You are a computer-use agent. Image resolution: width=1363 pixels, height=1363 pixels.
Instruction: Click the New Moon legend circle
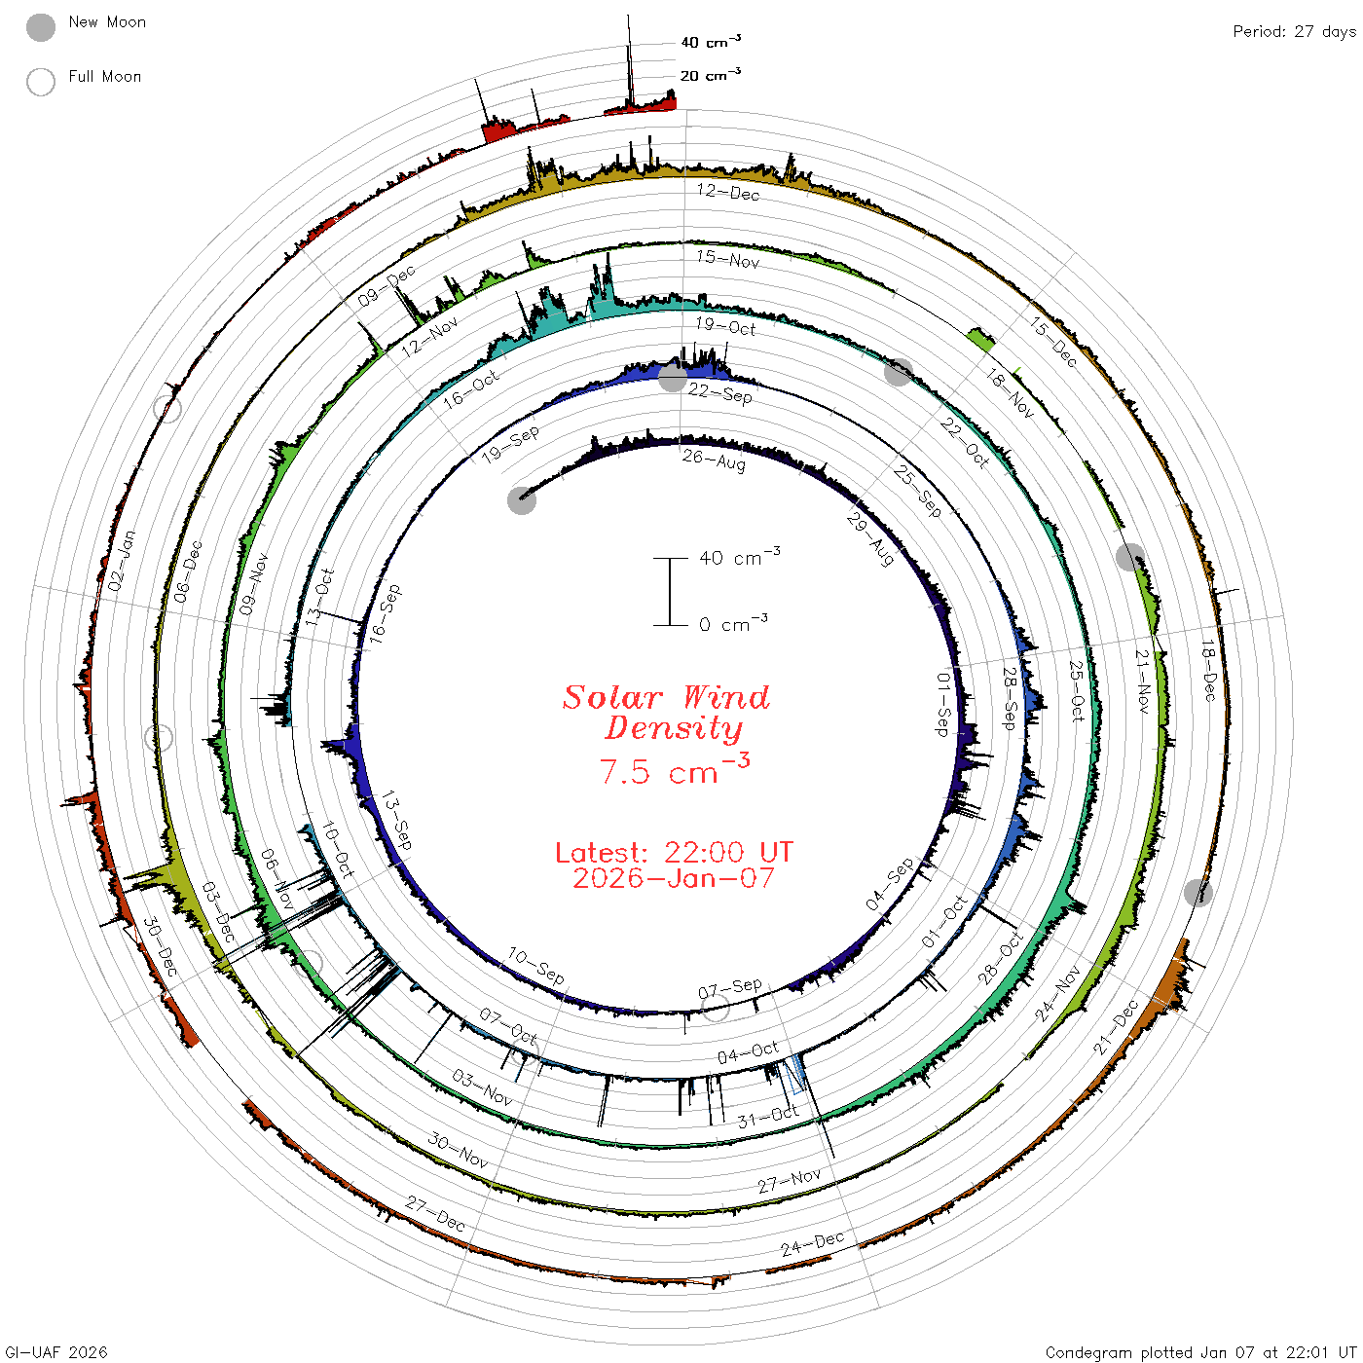tap(41, 27)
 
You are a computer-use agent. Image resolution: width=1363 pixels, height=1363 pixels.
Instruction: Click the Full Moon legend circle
tap(41, 82)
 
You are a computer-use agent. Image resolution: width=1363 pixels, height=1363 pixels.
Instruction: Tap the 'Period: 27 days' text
tap(1295, 32)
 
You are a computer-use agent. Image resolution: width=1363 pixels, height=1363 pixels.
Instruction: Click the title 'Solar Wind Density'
tap(666, 713)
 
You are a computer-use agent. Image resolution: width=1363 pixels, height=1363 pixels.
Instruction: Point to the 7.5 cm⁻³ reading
tap(675, 769)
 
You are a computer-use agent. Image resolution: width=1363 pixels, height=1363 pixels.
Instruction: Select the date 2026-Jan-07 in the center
tap(674, 878)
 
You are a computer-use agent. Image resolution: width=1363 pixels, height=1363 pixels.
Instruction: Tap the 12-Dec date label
tap(728, 191)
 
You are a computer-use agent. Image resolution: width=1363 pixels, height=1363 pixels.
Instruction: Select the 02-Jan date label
tap(122, 561)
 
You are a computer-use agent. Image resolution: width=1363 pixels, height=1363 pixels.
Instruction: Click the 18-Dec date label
tap(1209, 671)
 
